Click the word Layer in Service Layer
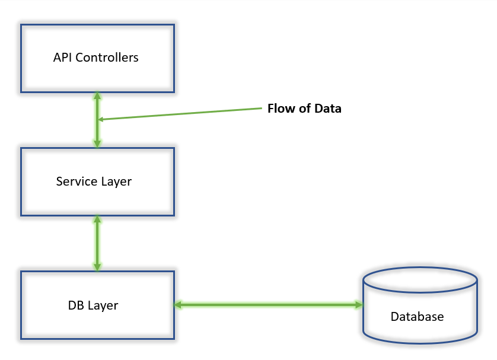coord(116,181)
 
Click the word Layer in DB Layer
coord(103,306)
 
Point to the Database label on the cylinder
coord(417,317)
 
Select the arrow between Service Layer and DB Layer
coord(97,243)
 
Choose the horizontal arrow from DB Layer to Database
coord(268,305)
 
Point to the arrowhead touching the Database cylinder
coord(358,305)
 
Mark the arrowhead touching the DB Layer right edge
coord(177,305)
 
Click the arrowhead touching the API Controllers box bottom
coord(97,96)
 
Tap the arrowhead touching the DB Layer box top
coord(97,267)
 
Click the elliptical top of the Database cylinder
coord(420,279)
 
